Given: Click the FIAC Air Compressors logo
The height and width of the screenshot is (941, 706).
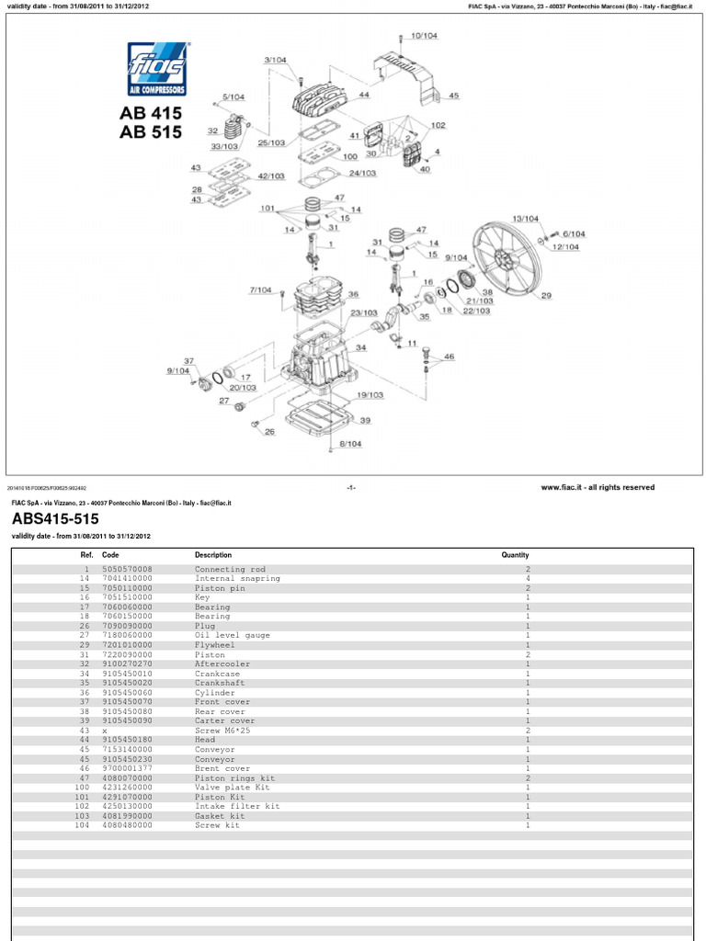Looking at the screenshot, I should [x=157, y=69].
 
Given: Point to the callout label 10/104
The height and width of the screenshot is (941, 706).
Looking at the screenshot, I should [x=424, y=35].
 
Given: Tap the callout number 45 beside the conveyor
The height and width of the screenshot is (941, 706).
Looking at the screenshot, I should [x=453, y=96].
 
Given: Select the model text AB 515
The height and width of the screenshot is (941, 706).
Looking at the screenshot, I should [x=151, y=131].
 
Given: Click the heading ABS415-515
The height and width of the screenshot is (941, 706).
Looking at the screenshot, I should [x=54, y=519].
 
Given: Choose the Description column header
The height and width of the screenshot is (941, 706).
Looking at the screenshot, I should [x=213, y=555].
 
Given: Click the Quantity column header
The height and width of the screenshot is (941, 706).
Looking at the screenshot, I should [x=515, y=555].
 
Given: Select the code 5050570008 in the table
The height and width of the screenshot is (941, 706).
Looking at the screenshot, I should [x=127, y=570].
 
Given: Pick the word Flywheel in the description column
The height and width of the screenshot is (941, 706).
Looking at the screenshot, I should [x=213, y=645].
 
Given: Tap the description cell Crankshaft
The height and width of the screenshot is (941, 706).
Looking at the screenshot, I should [x=217, y=683].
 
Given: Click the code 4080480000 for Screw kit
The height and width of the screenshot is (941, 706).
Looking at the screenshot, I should [x=127, y=825].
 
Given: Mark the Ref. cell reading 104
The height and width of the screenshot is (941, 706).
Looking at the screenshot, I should [x=84, y=825].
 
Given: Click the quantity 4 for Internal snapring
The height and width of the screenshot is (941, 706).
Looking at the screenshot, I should [x=528, y=579].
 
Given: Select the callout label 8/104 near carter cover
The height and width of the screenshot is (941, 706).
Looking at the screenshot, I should [x=350, y=443].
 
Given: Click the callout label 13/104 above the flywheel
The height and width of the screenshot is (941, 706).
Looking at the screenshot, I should [x=525, y=218].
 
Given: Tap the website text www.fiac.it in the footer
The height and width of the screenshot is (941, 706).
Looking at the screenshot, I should [x=558, y=487].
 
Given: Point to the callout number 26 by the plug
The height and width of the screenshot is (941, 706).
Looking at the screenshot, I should [x=269, y=431].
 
